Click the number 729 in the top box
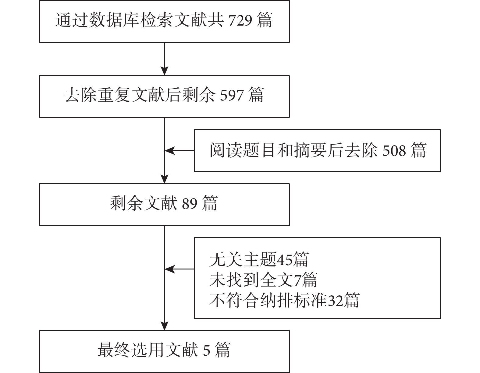tap(240, 20)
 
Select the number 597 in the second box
tap(232, 95)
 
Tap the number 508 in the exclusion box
tap(394, 150)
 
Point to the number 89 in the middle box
tap(190, 203)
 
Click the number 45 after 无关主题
tap(285, 260)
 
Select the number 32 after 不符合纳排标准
tap(336, 301)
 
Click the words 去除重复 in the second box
tap(97, 95)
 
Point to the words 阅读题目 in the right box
tap(243, 150)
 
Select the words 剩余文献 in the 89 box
tap(144, 203)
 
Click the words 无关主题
tap(243, 260)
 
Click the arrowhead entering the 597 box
tap(164, 71)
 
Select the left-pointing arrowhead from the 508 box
tap(170, 150)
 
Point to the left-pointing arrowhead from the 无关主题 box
tap(170, 269)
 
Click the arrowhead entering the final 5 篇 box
tap(164, 326)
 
